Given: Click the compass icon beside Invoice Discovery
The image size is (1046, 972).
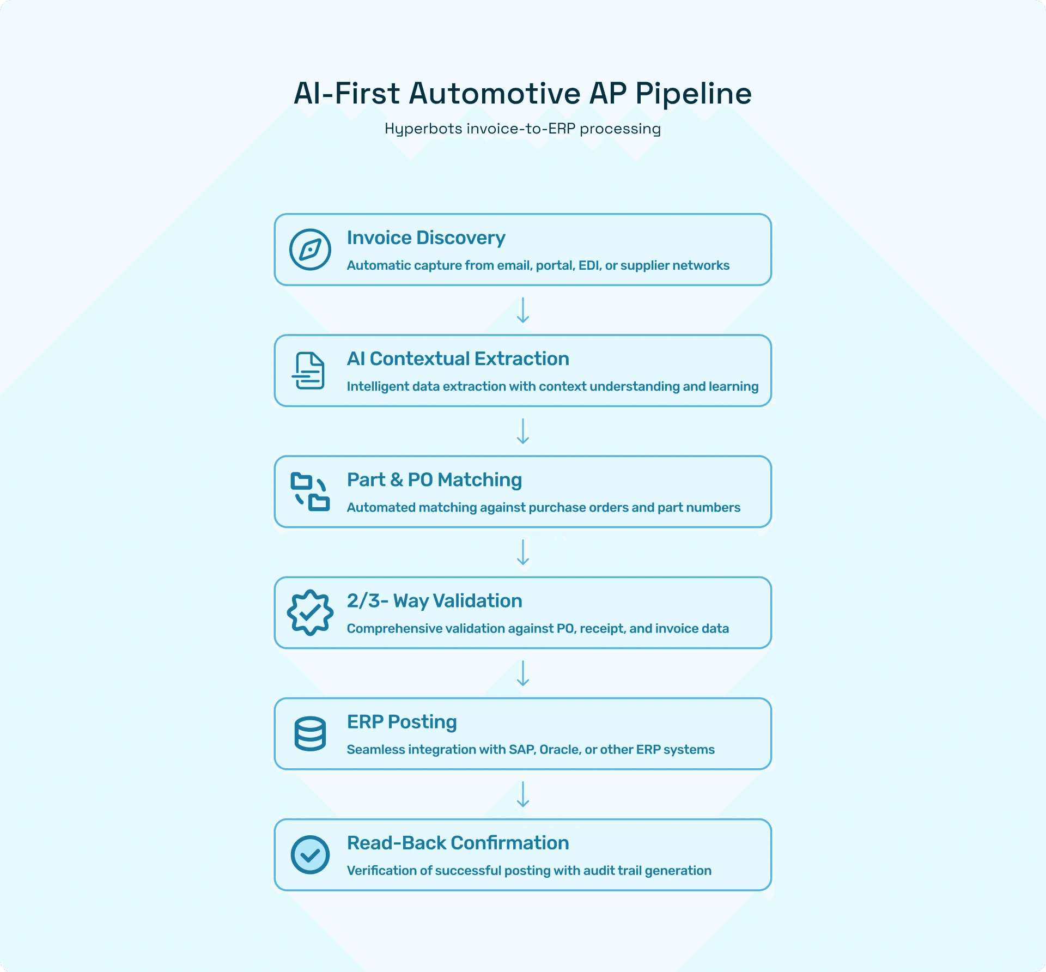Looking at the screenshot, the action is point(310,250).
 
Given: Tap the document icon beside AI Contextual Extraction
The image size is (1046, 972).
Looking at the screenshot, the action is point(309,370).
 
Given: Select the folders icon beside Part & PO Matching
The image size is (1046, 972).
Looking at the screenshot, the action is point(310,491).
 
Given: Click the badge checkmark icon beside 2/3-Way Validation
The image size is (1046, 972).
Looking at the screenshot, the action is point(310,612).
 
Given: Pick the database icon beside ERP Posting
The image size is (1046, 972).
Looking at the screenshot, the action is point(310,733).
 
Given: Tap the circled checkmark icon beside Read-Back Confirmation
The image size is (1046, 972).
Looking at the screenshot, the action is point(310,855).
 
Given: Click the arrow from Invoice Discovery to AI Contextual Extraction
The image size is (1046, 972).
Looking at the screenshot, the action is point(523,310).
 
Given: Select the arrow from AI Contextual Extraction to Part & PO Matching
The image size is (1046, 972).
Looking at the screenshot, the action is point(523,431).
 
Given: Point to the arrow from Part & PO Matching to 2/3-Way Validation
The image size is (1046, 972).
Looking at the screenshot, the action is point(523,552).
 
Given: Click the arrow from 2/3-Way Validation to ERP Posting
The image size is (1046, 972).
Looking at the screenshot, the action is point(523,673).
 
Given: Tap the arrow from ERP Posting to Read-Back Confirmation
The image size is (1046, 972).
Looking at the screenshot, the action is point(523,794).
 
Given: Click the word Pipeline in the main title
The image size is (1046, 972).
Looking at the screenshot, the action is point(693,94).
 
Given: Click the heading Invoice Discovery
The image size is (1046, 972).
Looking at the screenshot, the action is point(426,238).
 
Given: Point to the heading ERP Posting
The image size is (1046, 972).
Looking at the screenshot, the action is point(402,722).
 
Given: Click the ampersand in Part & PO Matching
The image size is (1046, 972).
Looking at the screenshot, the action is point(397,480).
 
